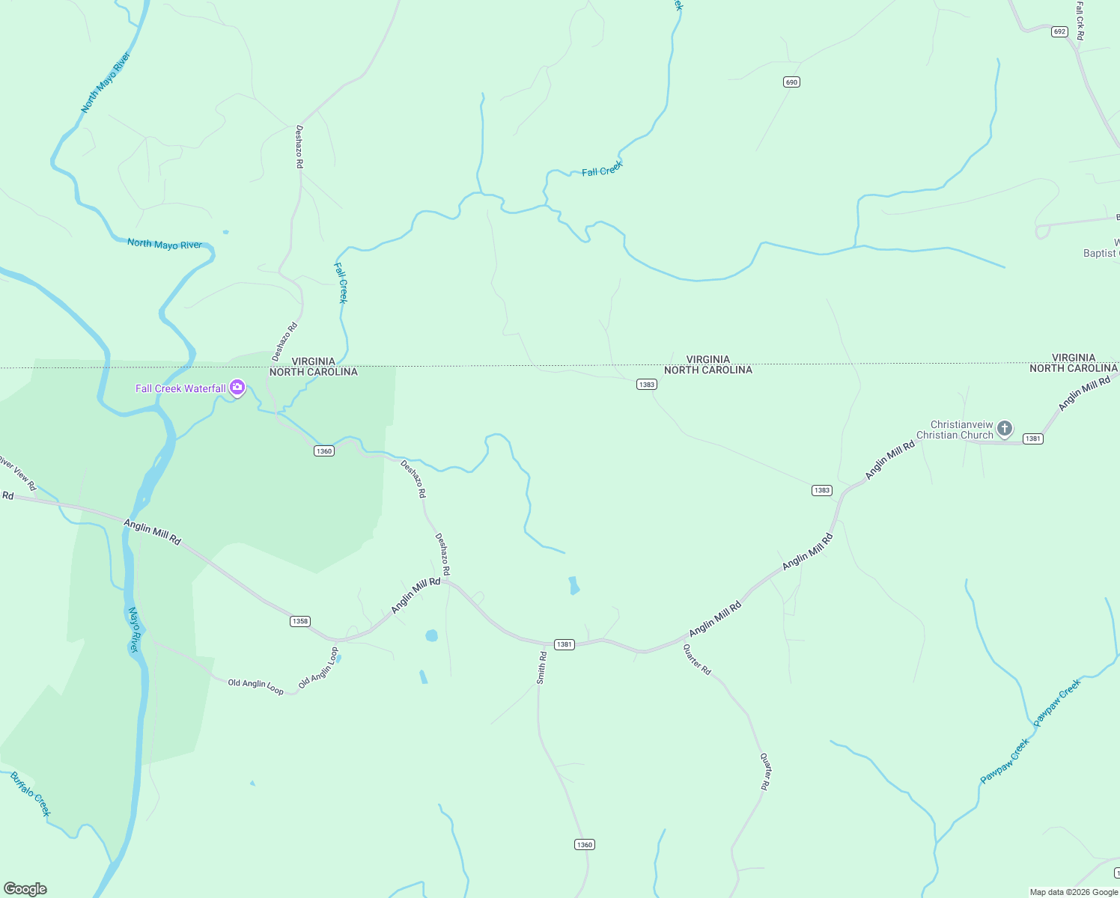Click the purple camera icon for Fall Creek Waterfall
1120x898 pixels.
[x=237, y=388]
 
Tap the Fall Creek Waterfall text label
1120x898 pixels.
[x=180, y=388]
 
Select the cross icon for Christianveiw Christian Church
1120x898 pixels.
[x=1005, y=429]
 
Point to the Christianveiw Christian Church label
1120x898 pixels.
[x=955, y=430]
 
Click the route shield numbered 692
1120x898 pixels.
[x=1059, y=31]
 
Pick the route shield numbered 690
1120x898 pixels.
[x=791, y=82]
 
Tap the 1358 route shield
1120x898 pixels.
[x=299, y=621]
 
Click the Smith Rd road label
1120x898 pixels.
[x=541, y=668]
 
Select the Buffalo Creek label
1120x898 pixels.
[x=31, y=794]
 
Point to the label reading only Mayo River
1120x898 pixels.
[x=134, y=629]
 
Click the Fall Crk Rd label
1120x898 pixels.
[x=1080, y=20]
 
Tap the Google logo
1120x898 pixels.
[x=25, y=888]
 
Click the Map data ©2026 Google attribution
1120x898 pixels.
[x=1074, y=892]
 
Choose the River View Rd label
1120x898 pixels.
[x=18, y=473]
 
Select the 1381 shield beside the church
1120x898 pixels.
[x=1032, y=439]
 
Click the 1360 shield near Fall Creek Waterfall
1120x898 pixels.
[x=323, y=451]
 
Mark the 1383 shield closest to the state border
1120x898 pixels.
[x=646, y=385]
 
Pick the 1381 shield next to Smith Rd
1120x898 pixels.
[x=564, y=644]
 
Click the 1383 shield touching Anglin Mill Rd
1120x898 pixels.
[x=821, y=490]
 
